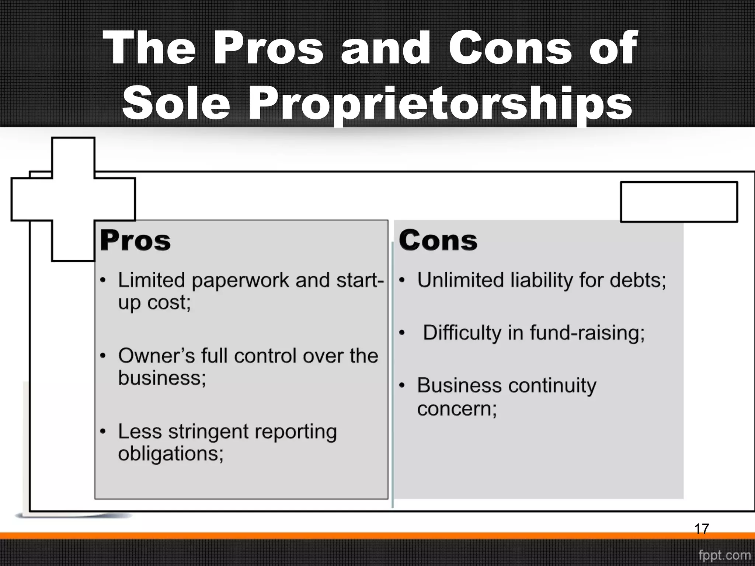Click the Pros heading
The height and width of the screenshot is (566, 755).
[x=135, y=241]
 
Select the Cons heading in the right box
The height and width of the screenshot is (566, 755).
[x=438, y=241]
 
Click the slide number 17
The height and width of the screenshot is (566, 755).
[x=701, y=529]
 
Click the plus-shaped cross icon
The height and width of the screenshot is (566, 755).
[x=73, y=199]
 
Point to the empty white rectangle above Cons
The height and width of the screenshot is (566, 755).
[x=679, y=202]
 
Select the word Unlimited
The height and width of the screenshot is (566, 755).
[x=460, y=280]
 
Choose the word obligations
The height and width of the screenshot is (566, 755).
[x=170, y=453]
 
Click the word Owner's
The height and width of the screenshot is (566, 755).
[x=156, y=356]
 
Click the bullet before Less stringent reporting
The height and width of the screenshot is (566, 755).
[x=103, y=432]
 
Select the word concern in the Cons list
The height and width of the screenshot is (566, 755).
[x=456, y=409]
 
